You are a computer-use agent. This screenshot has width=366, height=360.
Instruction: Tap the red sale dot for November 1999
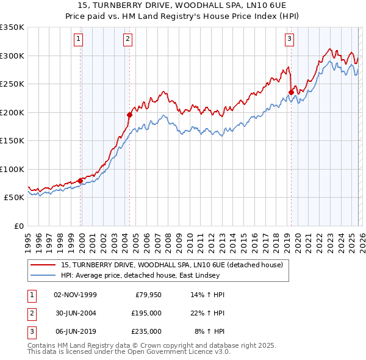80,181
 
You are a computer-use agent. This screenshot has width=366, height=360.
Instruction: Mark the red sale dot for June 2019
291,93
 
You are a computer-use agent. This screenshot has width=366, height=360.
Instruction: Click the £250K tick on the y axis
12,84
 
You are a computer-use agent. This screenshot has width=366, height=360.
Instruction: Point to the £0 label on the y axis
18,226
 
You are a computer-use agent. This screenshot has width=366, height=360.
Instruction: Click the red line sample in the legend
44,265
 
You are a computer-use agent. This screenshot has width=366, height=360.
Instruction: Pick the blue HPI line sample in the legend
44,275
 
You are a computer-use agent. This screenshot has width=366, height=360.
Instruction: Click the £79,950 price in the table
146,295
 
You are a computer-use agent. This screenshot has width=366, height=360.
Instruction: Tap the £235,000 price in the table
146,331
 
